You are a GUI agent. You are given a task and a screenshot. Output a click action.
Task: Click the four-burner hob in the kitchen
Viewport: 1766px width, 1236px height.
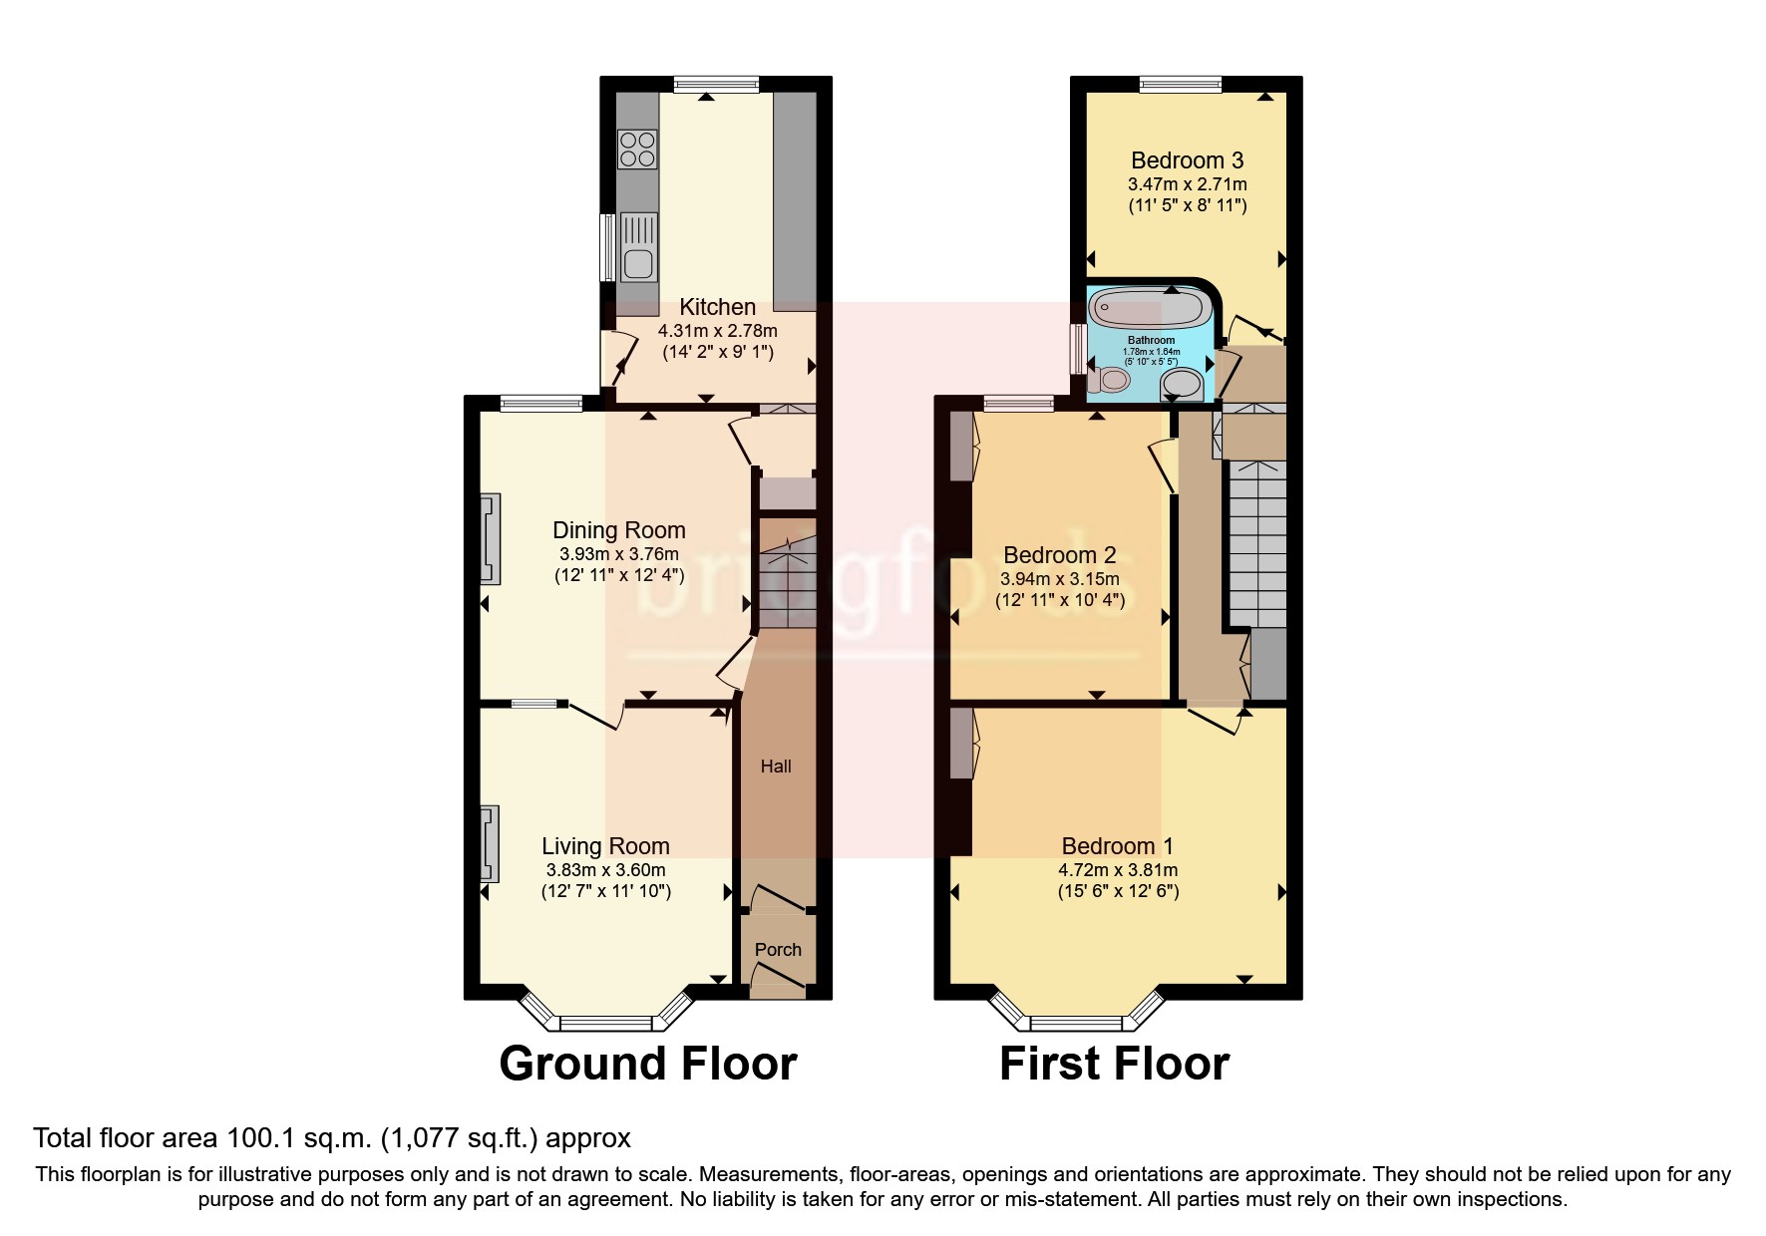pos(637,150)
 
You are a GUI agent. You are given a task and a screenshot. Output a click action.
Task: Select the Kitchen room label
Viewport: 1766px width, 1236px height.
pos(717,307)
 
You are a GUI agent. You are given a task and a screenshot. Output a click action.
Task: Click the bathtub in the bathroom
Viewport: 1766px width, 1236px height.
pos(1149,310)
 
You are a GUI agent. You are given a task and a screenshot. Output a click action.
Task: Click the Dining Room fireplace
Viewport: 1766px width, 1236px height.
pos(491,538)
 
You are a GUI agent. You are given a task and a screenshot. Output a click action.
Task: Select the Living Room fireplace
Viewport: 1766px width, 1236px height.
pos(489,844)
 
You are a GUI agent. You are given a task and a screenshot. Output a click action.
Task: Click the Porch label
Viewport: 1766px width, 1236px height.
pos(778,950)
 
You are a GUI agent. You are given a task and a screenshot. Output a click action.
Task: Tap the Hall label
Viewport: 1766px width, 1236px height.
pos(776,767)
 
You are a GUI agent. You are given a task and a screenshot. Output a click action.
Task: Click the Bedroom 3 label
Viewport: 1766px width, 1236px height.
pos(1187,160)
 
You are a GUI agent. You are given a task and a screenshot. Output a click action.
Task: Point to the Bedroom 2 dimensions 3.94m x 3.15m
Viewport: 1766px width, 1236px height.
pos(1059,579)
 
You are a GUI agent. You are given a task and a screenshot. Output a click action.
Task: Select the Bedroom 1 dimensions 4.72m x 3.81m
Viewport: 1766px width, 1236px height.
pos(1117,870)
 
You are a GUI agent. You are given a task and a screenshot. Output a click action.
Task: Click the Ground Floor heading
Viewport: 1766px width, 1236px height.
pos(648,1064)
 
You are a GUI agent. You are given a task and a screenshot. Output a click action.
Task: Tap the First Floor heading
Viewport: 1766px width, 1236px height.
pos(1114,1064)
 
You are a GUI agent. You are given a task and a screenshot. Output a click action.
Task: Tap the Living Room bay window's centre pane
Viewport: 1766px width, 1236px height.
pos(606,1022)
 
